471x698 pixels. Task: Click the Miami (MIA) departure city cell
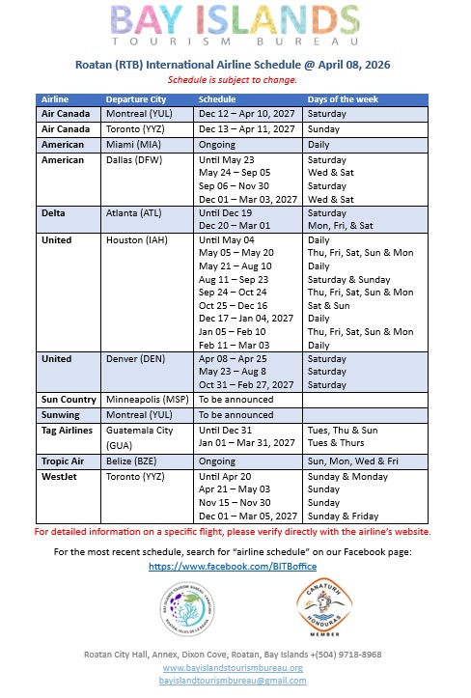click(x=135, y=143)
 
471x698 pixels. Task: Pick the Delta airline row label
click(x=54, y=212)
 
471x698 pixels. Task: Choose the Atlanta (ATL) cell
click(x=136, y=212)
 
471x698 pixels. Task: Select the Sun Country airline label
click(x=68, y=398)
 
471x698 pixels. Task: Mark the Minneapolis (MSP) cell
click(x=148, y=398)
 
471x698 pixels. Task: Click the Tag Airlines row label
click(x=67, y=429)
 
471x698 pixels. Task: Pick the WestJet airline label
click(x=59, y=476)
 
